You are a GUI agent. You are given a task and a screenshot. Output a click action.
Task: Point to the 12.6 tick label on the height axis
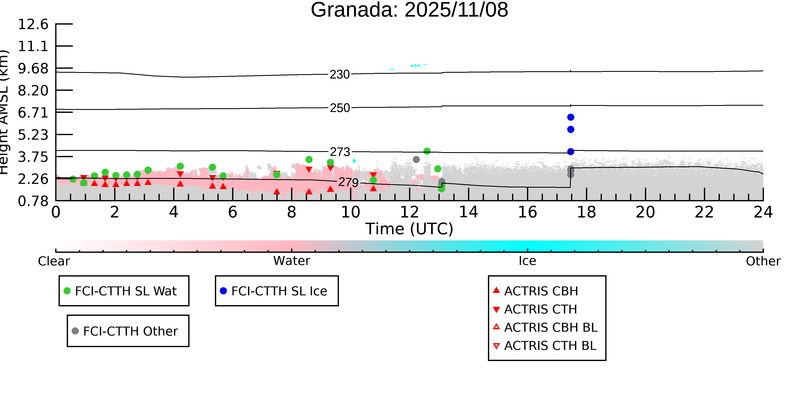click(33, 24)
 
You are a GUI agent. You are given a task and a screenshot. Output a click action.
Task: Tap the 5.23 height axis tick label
click(33, 135)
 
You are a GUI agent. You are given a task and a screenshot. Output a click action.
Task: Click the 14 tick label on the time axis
click(468, 212)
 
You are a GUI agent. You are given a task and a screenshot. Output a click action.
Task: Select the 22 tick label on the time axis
click(704, 212)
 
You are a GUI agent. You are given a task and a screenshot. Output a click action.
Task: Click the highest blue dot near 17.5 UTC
click(570, 117)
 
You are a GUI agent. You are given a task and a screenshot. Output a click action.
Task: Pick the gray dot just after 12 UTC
click(416, 159)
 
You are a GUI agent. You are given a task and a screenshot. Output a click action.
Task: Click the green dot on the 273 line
click(427, 151)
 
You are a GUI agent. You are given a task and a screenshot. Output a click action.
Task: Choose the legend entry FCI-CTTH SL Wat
click(125, 291)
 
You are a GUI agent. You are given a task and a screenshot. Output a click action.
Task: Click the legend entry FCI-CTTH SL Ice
click(279, 291)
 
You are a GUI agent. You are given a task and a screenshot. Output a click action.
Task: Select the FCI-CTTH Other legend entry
click(130, 331)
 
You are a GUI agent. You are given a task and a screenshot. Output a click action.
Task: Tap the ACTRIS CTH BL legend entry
click(550, 346)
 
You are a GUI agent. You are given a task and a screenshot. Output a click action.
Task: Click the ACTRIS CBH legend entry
click(541, 291)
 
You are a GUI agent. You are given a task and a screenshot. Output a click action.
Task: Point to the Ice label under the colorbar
click(527, 261)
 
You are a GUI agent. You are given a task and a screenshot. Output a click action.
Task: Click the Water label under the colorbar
click(292, 261)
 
